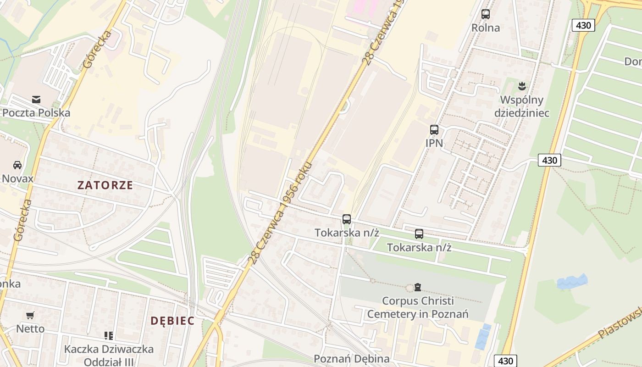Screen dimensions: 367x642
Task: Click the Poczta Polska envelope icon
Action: [x=36, y=99]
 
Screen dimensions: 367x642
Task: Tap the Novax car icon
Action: [x=17, y=165]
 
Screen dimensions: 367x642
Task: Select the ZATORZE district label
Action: [x=105, y=185]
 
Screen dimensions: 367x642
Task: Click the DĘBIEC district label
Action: [x=172, y=321]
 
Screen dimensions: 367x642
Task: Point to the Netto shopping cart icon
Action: [x=30, y=315]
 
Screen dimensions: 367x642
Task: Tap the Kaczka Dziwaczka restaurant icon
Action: [x=108, y=336]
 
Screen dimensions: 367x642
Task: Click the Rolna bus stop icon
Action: [x=486, y=14]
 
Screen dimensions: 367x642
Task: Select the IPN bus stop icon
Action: [x=434, y=130]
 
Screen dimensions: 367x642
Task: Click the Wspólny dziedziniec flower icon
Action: [x=521, y=86]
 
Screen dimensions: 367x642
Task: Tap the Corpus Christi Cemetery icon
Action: [x=417, y=287]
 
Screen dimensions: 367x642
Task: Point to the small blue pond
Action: [x=572, y=282]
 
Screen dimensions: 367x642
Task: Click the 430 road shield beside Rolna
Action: [x=583, y=25]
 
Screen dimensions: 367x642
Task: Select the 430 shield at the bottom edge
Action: [x=505, y=361]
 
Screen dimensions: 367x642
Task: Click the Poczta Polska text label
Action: [x=36, y=113]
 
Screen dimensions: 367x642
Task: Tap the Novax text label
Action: [x=17, y=178]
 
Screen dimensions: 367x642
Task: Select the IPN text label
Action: [x=434, y=143]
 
